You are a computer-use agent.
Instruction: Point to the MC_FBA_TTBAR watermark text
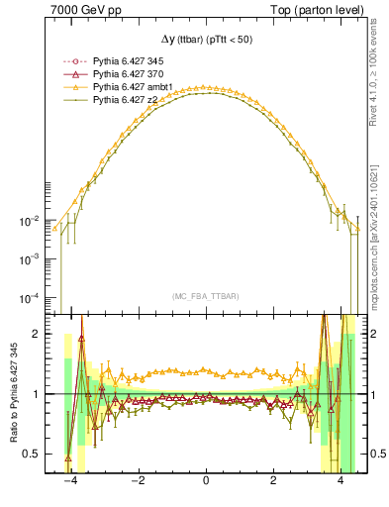(205, 295)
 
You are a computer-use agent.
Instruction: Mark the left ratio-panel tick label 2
(38, 334)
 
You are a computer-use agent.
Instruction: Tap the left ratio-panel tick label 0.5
(34, 454)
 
